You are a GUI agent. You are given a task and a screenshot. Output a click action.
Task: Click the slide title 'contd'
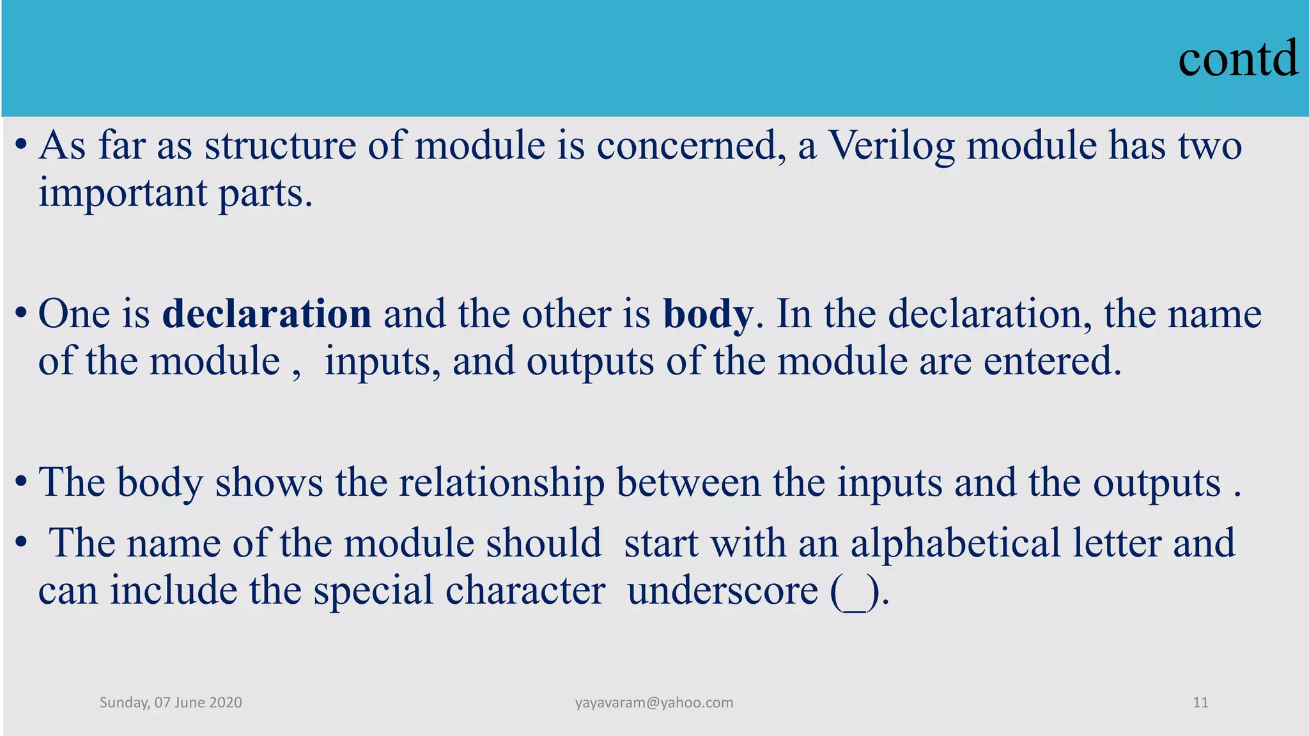(1237, 59)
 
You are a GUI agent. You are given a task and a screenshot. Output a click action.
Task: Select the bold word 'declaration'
(267, 314)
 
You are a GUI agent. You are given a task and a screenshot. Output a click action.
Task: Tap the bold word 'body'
(708, 314)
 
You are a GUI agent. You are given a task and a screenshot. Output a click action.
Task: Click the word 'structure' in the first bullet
(280, 146)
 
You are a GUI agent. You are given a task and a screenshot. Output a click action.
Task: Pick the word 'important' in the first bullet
(123, 193)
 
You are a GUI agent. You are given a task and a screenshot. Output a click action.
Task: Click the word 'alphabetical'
(956, 543)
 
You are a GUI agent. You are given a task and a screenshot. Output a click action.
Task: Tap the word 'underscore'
(723, 590)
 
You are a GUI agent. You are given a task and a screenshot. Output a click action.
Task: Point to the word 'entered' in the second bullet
(1052, 362)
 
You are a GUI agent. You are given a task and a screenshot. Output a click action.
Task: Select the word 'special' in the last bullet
(373, 590)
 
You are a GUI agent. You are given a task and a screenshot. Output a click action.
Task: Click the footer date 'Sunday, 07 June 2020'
(171, 703)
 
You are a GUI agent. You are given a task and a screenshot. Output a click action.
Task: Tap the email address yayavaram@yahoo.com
(654, 703)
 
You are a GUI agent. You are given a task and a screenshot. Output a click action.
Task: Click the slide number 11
(1200, 703)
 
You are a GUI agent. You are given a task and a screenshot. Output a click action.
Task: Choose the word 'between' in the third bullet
(688, 482)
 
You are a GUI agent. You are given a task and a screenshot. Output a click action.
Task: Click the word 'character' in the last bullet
(525, 590)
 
